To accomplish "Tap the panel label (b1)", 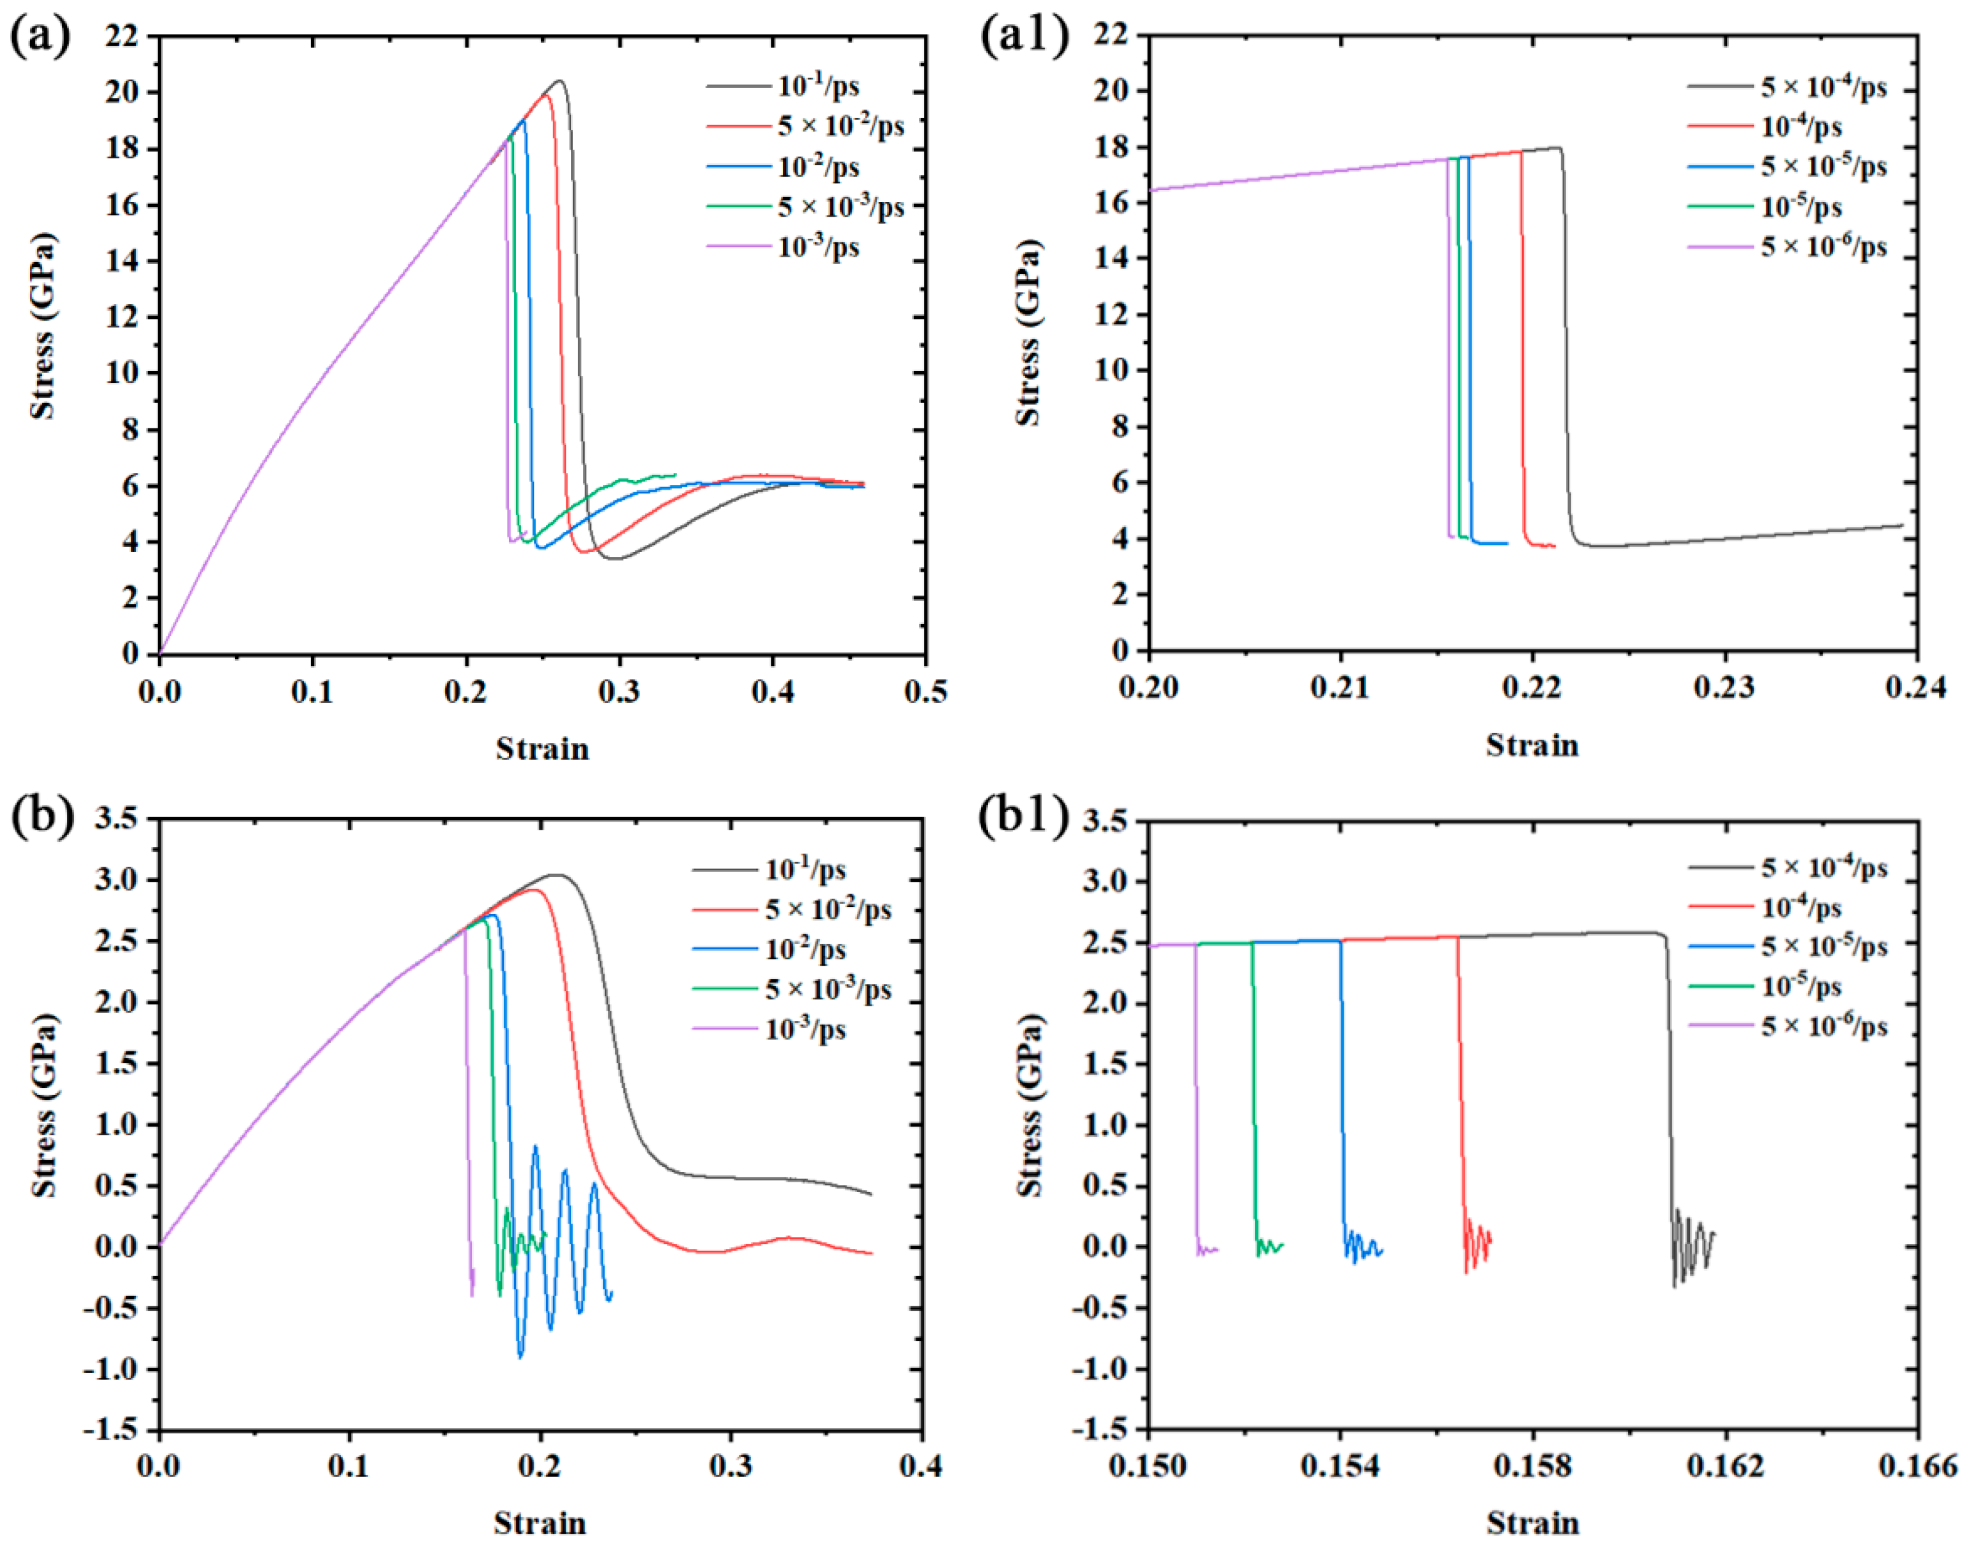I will pyautogui.click(x=1024, y=816).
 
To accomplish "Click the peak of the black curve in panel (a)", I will pyautogui.click(x=560, y=81).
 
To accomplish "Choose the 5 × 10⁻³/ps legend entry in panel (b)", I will pyautogui.click(x=827, y=989).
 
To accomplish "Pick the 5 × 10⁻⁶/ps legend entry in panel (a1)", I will pyautogui.click(x=1823, y=246).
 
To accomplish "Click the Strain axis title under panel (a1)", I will pyautogui.click(x=1532, y=745).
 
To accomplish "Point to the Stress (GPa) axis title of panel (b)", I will pyautogui.click(x=44, y=1105).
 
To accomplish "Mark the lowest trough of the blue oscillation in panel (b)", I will pyautogui.click(x=520, y=1357).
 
